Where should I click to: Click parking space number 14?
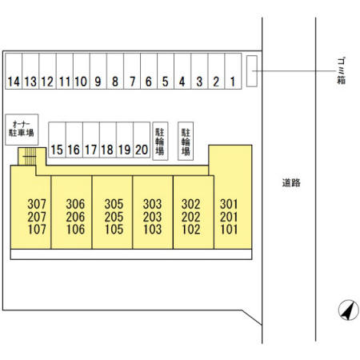pyautogui.click(x=14, y=71)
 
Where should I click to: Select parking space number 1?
pyautogui.click(x=234, y=71)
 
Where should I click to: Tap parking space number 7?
pyautogui.click(x=132, y=71)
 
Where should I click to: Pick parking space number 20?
pyautogui.click(x=142, y=140)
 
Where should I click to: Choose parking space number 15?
pyautogui.click(x=57, y=140)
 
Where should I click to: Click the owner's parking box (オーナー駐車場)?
pyautogui.click(x=22, y=130)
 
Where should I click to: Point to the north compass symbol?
pyautogui.click(x=349, y=310)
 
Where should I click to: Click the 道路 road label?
pyautogui.click(x=291, y=182)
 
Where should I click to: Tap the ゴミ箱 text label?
pyautogui.click(x=341, y=71)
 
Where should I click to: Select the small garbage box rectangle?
pyautogui.click(x=252, y=71)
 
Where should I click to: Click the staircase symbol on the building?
pyautogui.click(x=30, y=156)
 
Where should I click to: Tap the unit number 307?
pyautogui.click(x=37, y=204)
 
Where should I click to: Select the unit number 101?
pyautogui.click(x=229, y=230)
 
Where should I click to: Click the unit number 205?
pyautogui.click(x=114, y=217)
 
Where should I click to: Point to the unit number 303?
pyautogui.click(x=152, y=204)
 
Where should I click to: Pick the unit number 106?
pyautogui.click(x=75, y=230)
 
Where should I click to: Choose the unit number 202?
pyautogui.click(x=191, y=217)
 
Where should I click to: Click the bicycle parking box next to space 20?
pyautogui.click(x=160, y=141)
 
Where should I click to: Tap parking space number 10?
pyautogui.click(x=82, y=71)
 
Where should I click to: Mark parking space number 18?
pyautogui.click(x=108, y=140)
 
